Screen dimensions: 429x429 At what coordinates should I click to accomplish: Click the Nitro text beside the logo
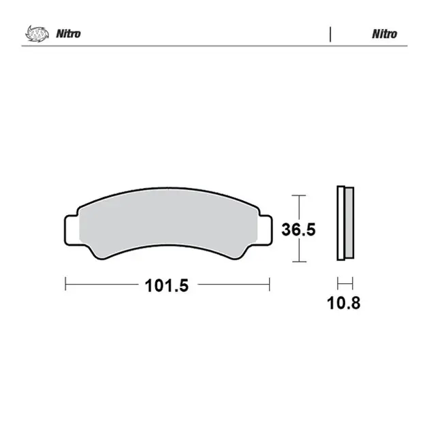(68, 33)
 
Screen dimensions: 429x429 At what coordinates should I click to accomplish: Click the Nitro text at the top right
(385, 34)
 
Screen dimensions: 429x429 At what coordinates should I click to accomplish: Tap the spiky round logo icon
(37, 34)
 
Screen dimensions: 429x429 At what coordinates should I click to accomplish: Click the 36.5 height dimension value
(298, 229)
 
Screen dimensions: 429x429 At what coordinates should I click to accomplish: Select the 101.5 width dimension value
(167, 285)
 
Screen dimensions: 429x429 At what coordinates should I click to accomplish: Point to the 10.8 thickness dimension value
(344, 303)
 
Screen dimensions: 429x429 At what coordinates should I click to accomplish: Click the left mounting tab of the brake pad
(71, 230)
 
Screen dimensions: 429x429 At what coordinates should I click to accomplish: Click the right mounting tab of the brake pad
(265, 230)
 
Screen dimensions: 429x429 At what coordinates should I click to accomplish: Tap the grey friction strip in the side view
(349, 223)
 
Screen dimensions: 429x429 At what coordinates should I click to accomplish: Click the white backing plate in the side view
(341, 223)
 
